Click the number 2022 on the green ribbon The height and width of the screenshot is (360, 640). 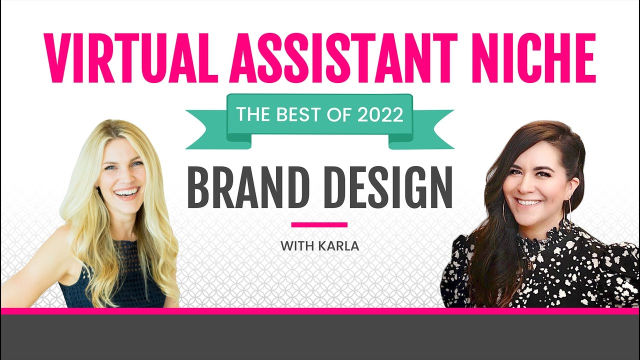coord(380,115)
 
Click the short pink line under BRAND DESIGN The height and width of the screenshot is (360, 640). coord(319,224)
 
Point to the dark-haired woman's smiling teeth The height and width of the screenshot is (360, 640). coord(529,202)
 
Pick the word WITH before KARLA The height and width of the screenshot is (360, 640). coord(294,246)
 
